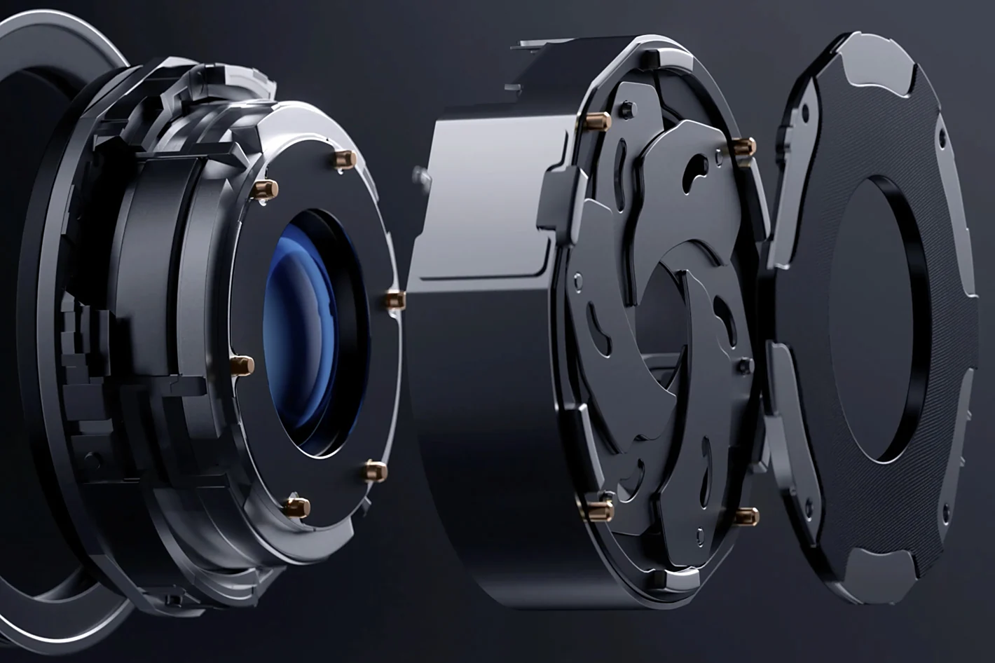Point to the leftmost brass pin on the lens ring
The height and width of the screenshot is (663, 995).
click(x=242, y=365)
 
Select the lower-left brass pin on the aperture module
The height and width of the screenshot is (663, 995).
click(x=601, y=510)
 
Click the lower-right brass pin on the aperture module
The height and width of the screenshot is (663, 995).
click(x=747, y=517)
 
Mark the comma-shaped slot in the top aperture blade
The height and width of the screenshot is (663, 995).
click(x=698, y=169)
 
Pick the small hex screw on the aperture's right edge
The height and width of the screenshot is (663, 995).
click(x=745, y=365)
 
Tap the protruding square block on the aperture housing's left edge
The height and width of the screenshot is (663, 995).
click(x=557, y=200)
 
